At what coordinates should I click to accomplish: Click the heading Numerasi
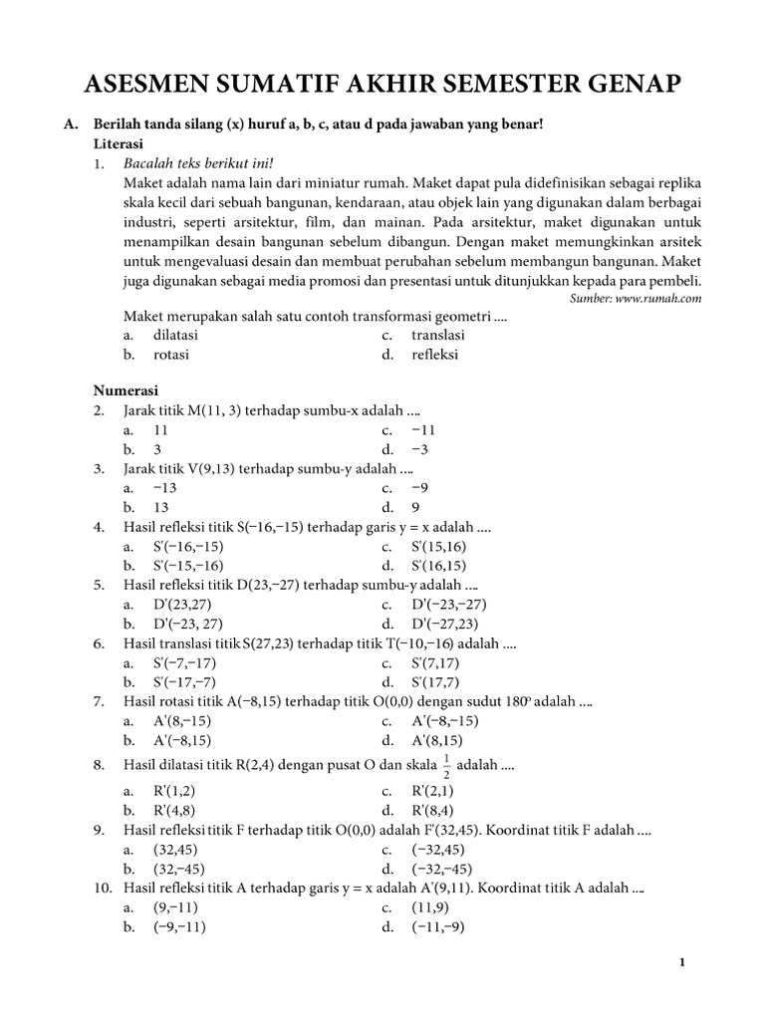click(126, 390)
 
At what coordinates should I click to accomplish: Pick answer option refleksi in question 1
click(438, 355)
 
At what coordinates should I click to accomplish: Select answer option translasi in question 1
click(438, 336)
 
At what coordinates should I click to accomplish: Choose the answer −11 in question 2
click(423, 430)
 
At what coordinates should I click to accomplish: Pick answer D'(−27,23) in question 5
click(448, 625)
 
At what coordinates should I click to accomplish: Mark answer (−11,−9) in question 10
click(437, 926)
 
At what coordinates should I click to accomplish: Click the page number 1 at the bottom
click(681, 962)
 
